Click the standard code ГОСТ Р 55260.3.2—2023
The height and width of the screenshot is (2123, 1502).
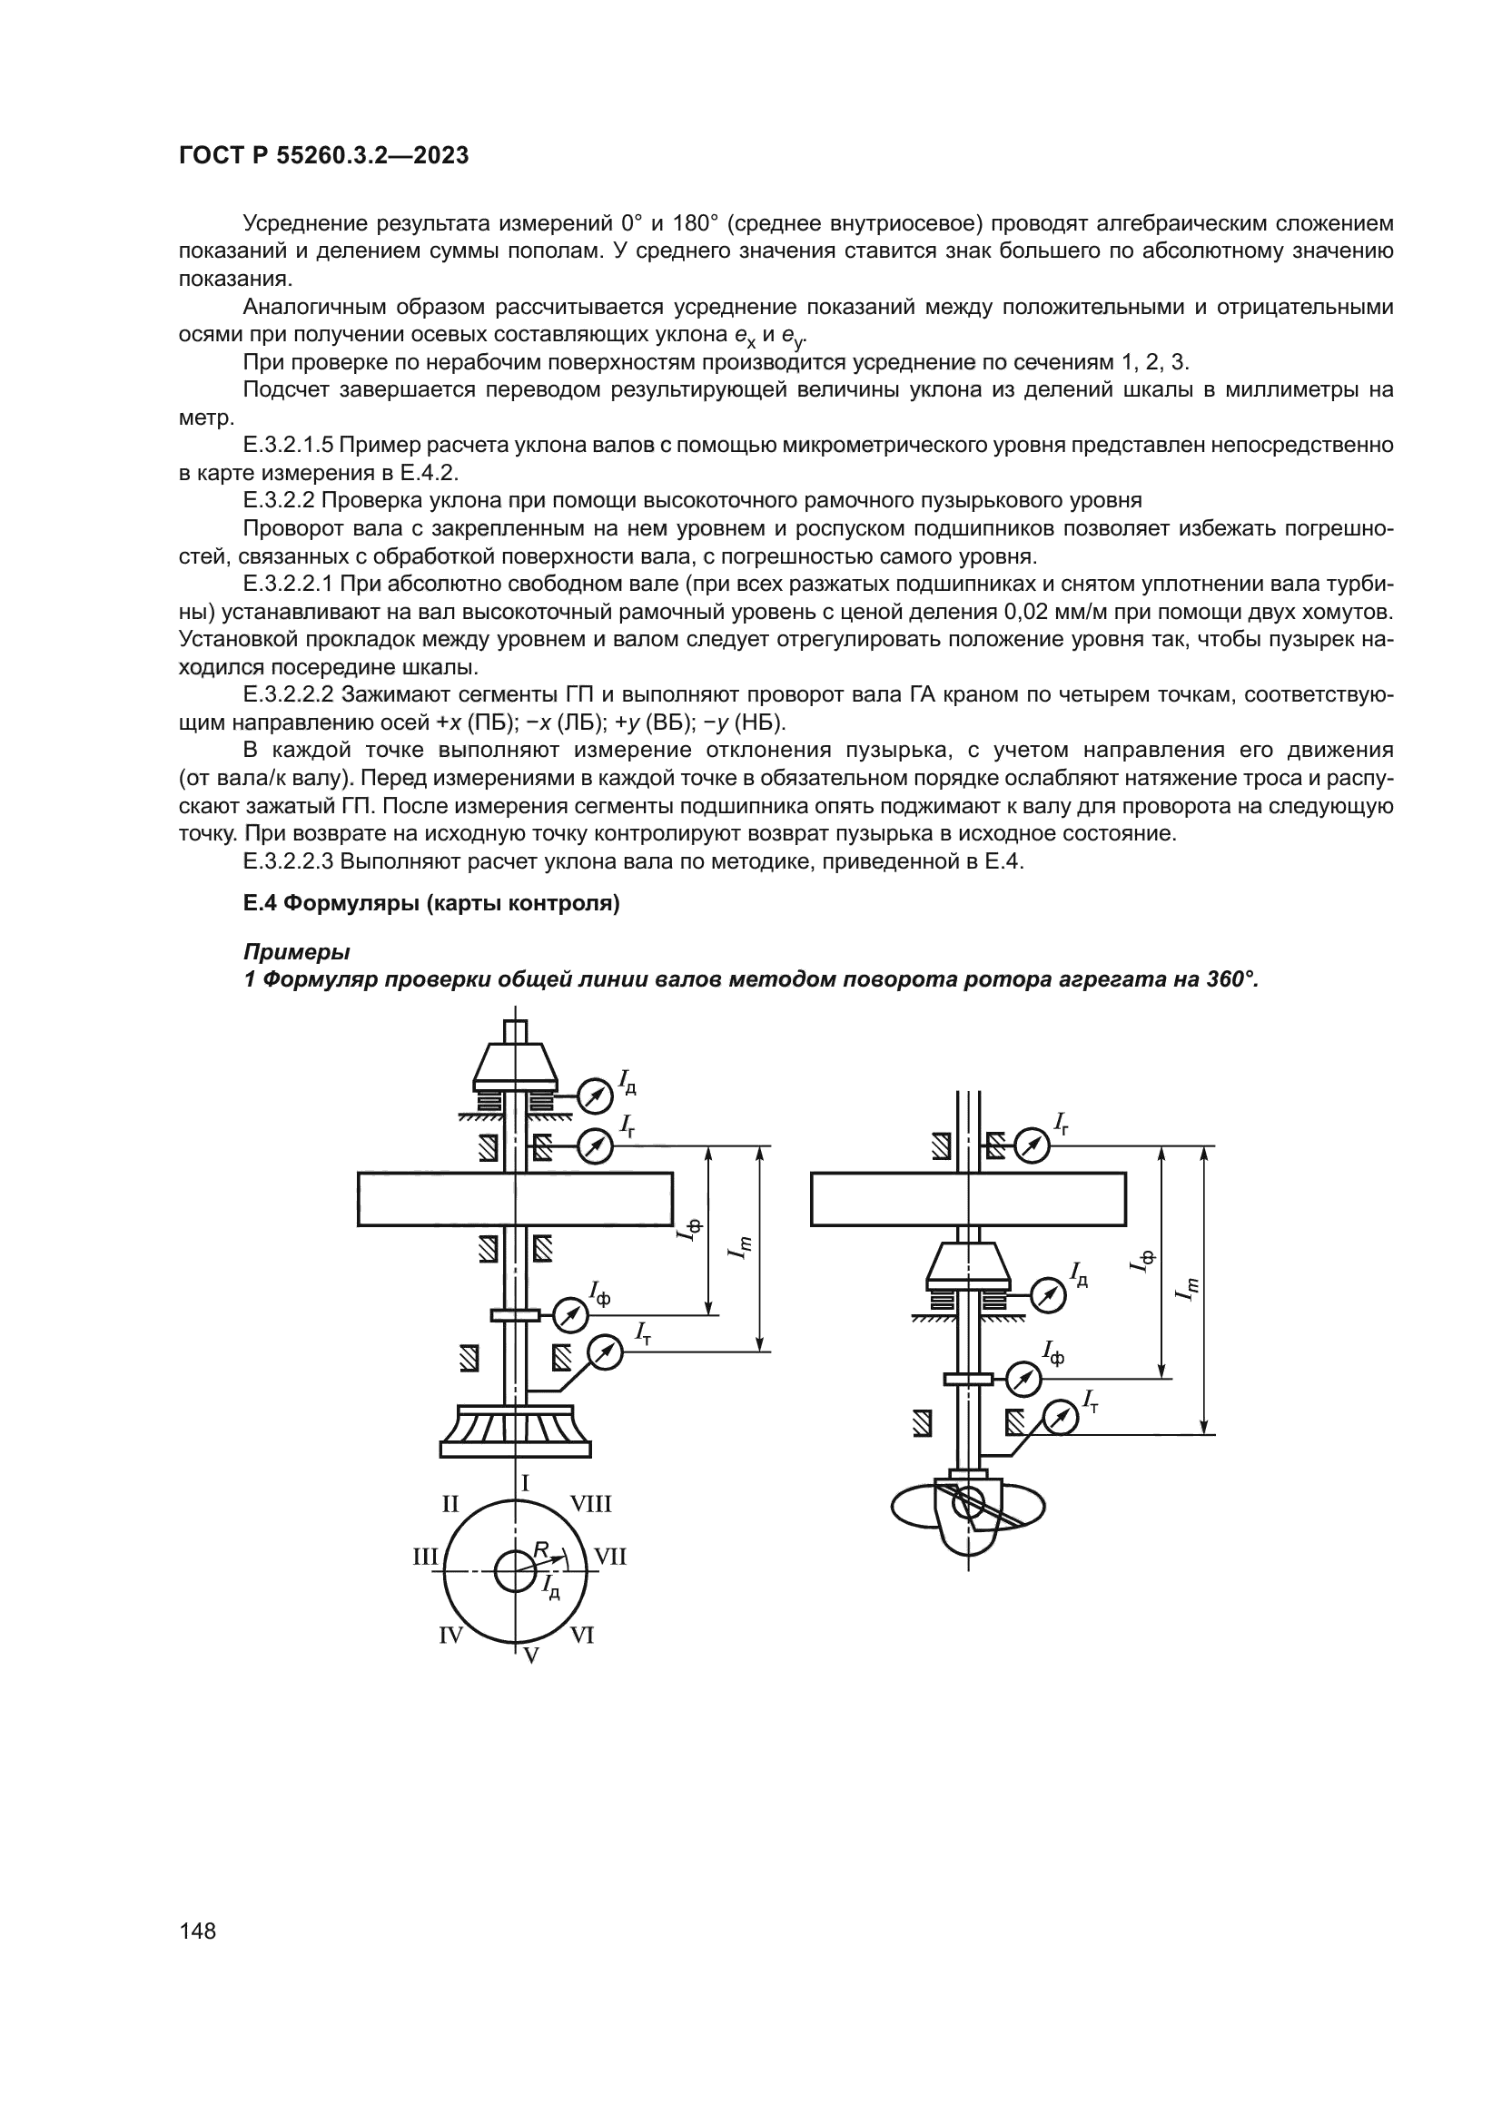[x=323, y=155]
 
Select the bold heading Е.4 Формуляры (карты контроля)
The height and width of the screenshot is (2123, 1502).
[x=431, y=903]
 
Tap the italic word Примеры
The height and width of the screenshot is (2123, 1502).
[x=297, y=951]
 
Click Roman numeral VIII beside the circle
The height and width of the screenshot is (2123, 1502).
[x=590, y=1504]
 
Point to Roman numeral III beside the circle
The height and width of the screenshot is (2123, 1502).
[x=424, y=1558]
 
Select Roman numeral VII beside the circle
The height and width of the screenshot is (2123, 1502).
[x=609, y=1558]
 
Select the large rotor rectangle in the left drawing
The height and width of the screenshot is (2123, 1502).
[x=515, y=1199]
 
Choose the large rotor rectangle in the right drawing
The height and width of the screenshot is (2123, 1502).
[x=968, y=1199]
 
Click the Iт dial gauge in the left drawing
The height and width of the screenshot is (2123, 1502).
[x=605, y=1353]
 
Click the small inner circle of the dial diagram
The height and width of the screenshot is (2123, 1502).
[x=515, y=1572]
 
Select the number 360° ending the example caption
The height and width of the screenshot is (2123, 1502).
[x=1232, y=979]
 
